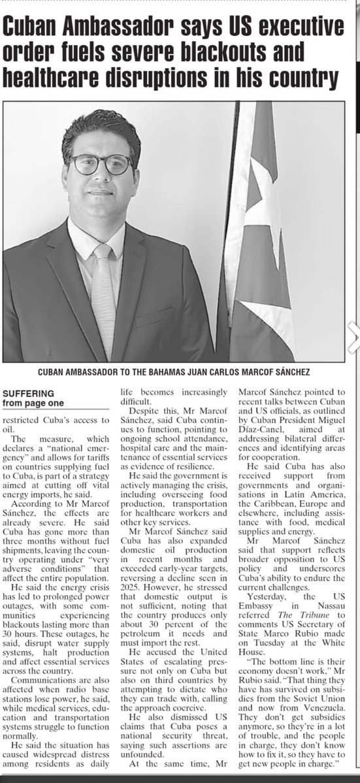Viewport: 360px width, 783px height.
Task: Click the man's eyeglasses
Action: [x=101, y=164]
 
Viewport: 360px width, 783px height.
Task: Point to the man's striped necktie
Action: [x=103, y=300]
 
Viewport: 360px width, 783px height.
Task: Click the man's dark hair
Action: [x=102, y=128]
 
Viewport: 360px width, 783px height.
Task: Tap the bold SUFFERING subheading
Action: [x=29, y=394]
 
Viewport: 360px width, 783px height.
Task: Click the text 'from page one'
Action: [x=33, y=403]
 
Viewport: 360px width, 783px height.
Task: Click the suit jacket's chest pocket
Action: [x=155, y=317]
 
